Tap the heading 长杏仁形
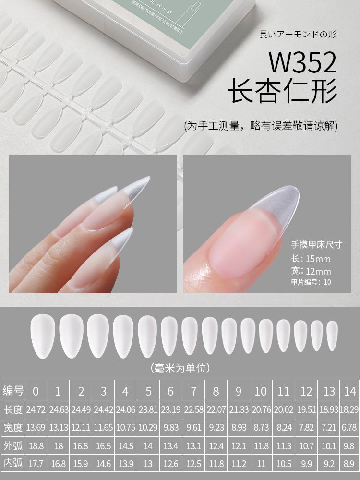point(282,92)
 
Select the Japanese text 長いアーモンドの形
point(298,34)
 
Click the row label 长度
point(13,409)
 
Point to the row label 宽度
point(13,427)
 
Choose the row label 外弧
point(13,445)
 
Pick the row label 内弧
point(13,464)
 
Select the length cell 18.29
point(349,409)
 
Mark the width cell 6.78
point(349,427)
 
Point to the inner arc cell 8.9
point(349,464)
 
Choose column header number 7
point(193,391)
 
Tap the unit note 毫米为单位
point(180,368)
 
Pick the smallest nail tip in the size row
point(332,336)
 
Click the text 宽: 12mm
point(311,271)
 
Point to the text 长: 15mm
point(311,259)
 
